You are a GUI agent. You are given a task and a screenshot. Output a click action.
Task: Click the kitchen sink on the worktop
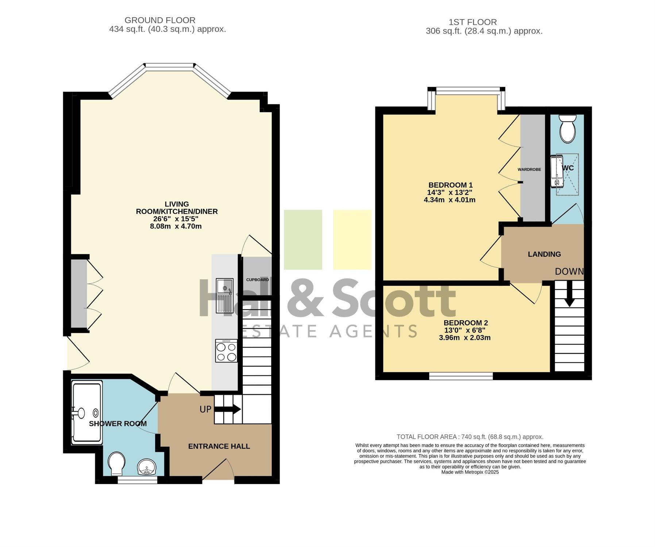(224, 295)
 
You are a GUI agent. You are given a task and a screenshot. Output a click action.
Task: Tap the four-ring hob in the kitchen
(226, 351)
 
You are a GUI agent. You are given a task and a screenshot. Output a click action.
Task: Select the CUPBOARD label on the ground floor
(257, 280)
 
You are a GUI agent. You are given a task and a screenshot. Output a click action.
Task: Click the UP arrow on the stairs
(227, 409)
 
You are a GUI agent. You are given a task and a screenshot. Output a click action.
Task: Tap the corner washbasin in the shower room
(147, 467)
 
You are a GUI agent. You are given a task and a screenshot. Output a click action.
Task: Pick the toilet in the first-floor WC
(567, 129)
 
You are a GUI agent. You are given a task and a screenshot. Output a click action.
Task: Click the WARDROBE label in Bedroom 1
(529, 170)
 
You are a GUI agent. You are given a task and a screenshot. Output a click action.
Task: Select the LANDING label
(544, 254)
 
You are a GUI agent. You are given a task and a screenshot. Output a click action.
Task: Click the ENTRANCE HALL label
(219, 446)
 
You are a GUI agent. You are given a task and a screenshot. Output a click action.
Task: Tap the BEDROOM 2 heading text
(466, 323)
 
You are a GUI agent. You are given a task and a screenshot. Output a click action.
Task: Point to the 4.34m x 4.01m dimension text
(450, 200)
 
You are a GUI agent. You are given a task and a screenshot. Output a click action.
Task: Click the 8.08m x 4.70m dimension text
(176, 226)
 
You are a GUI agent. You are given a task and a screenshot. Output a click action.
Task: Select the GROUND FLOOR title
(160, 20)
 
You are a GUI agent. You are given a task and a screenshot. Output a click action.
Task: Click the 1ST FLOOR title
(473, 22)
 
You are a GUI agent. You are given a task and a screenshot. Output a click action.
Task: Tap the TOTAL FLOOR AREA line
(470, 437)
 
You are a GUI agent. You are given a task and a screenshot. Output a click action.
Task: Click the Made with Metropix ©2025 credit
(470, 472)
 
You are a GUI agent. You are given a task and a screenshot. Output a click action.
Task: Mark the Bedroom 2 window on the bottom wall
(461, 376)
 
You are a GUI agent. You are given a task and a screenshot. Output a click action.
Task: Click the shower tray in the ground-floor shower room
(87, 412)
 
